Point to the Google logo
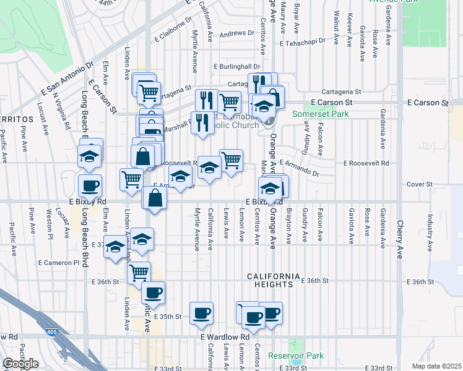[x=20, y=364]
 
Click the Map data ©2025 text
[x=436, y=366]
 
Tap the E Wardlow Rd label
[x=225, y=336]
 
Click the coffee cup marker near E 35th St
[x=201, y=314]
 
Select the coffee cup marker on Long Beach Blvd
[x=90, y=185]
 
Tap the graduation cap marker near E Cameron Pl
[x=115, y=247]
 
